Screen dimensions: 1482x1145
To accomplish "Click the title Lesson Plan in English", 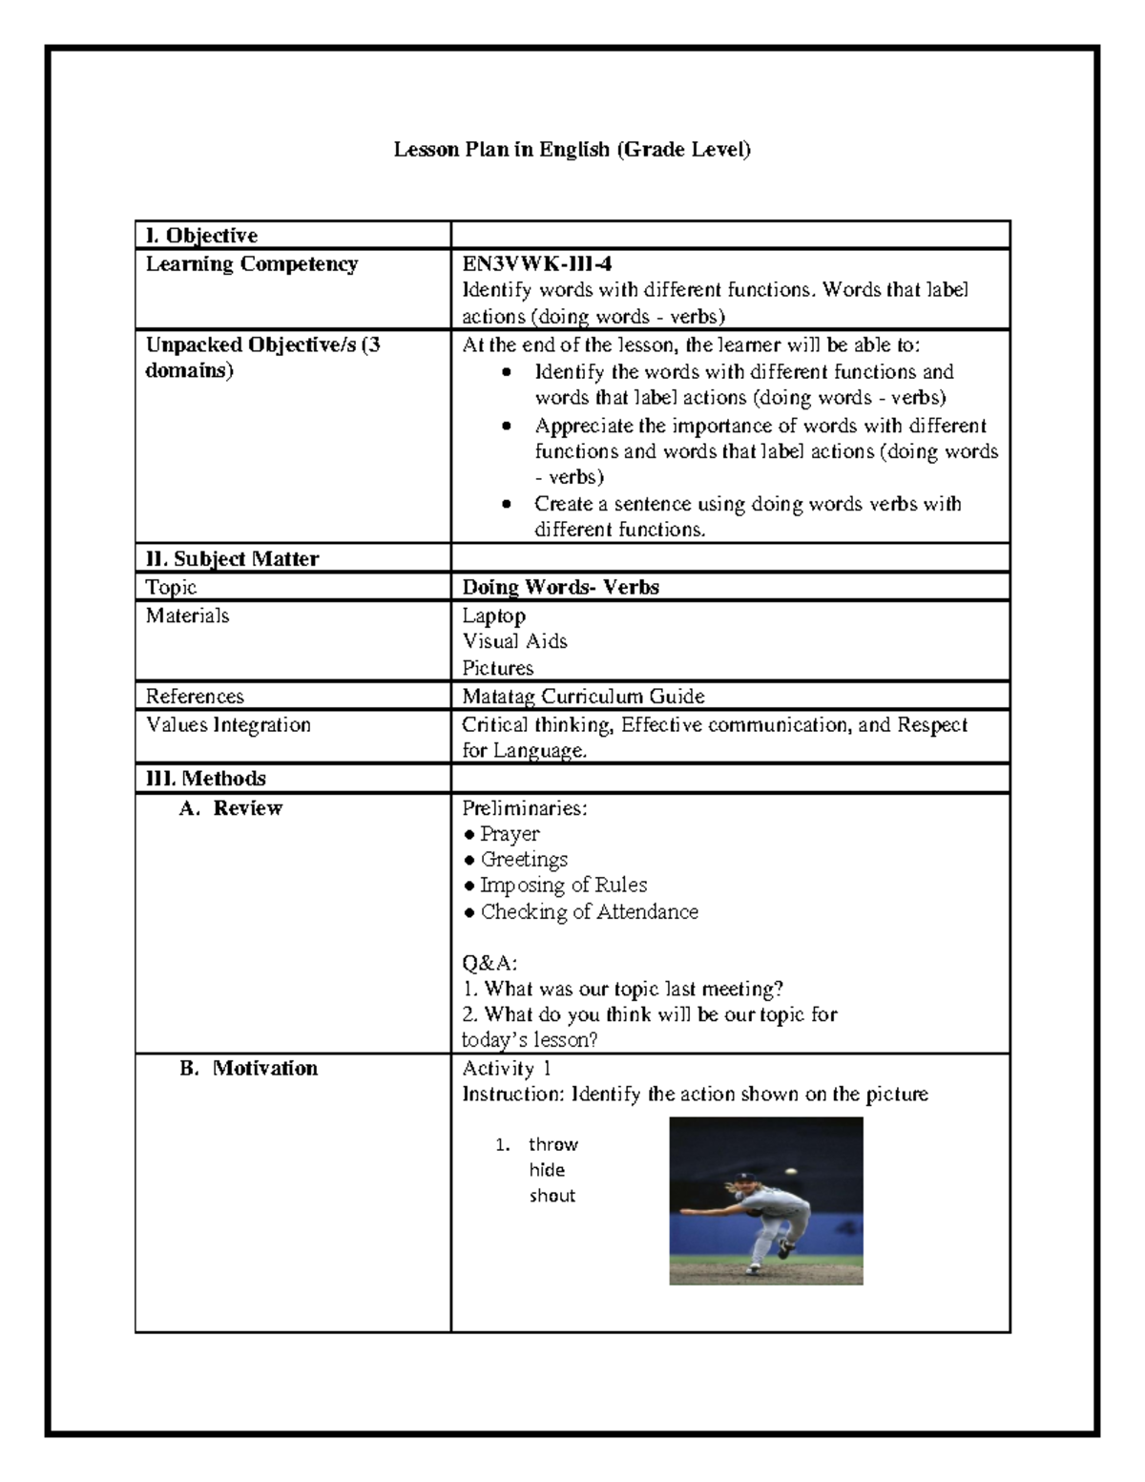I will [572, 150].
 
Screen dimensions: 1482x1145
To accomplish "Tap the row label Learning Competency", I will [251, 264].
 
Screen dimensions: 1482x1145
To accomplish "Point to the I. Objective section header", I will [201, 236].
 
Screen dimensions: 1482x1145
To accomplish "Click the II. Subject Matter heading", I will [232, 559].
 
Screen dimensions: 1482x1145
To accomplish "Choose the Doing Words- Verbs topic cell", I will [560, 588].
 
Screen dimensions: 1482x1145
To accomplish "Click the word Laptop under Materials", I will [493, 616].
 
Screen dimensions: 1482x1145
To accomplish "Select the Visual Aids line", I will [514, 641].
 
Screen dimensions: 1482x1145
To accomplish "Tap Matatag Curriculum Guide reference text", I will [583, 697].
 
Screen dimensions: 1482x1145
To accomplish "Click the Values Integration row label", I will [228, 725].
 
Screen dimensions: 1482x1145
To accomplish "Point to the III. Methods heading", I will [205, 779].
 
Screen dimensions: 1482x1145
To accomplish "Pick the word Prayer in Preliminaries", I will [510, 834].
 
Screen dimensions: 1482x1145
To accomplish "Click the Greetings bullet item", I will [524, 860].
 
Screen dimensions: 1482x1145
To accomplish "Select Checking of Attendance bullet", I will [589, 912].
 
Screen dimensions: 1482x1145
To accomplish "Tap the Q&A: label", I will [489, 964].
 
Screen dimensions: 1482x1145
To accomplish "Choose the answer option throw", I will [553, 1144].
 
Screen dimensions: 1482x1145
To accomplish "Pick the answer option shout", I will [552, 1196].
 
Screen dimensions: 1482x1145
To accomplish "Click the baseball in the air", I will [789, 1170].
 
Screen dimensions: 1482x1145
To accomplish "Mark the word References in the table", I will [195, 697].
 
